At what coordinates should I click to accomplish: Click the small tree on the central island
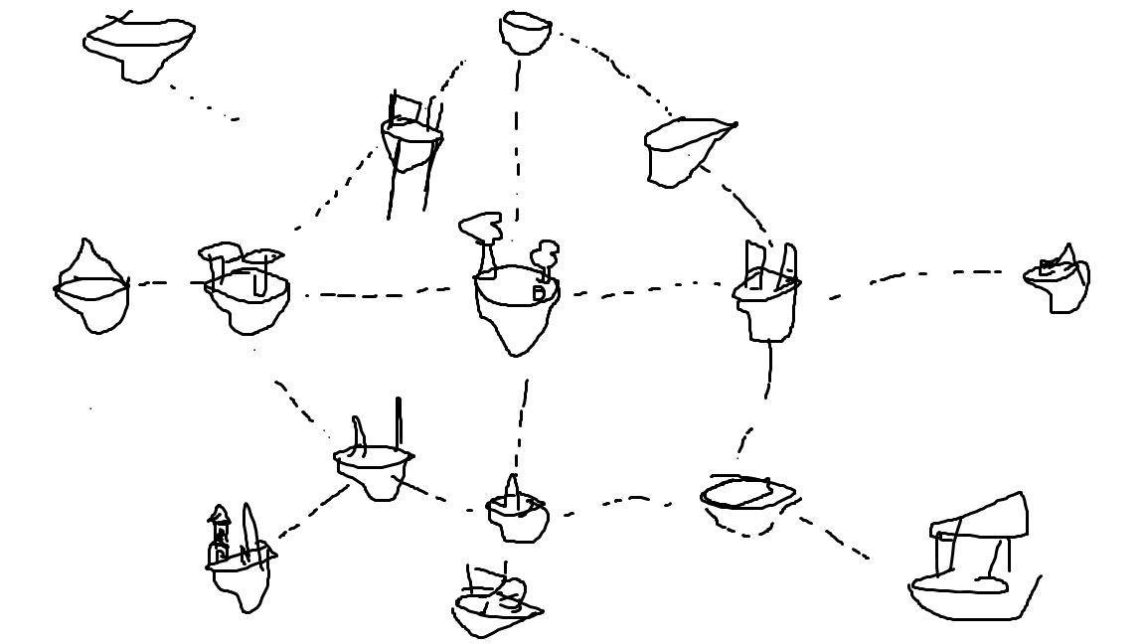click(546, 255)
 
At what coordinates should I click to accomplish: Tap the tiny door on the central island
click(539, 293)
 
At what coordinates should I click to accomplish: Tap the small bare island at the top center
click(525, 32)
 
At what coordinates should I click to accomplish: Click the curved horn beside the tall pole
click(360, 435)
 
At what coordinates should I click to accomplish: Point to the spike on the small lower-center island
click(512, 490)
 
